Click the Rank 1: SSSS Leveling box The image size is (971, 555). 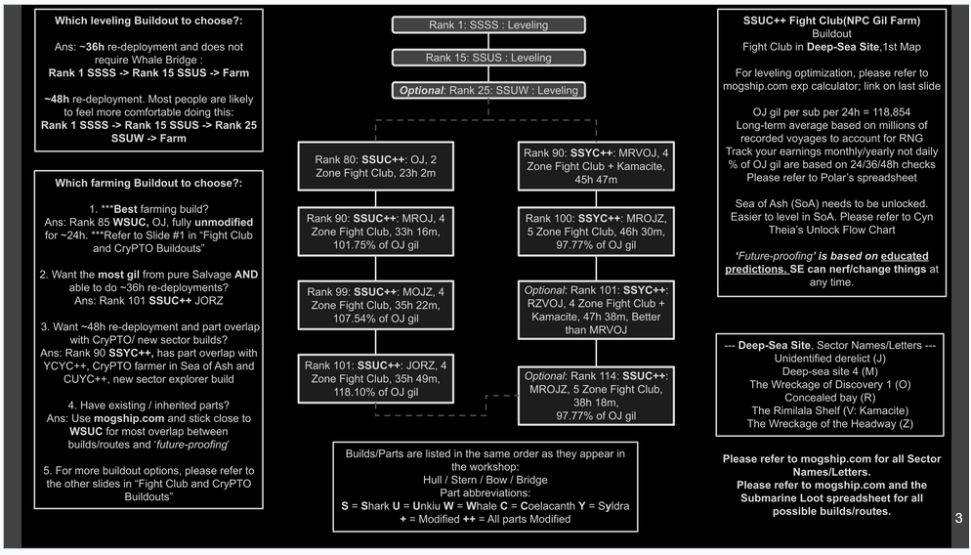tap(488, 25)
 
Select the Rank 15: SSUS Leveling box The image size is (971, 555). tap(488, 58)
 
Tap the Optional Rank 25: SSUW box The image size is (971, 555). tap(488, 90)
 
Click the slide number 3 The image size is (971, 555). tap(958, 519)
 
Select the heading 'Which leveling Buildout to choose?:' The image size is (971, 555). tap(148, 20)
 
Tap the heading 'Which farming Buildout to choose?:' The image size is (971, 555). tap(148, 183)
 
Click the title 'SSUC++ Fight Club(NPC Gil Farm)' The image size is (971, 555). tap(831, 20)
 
